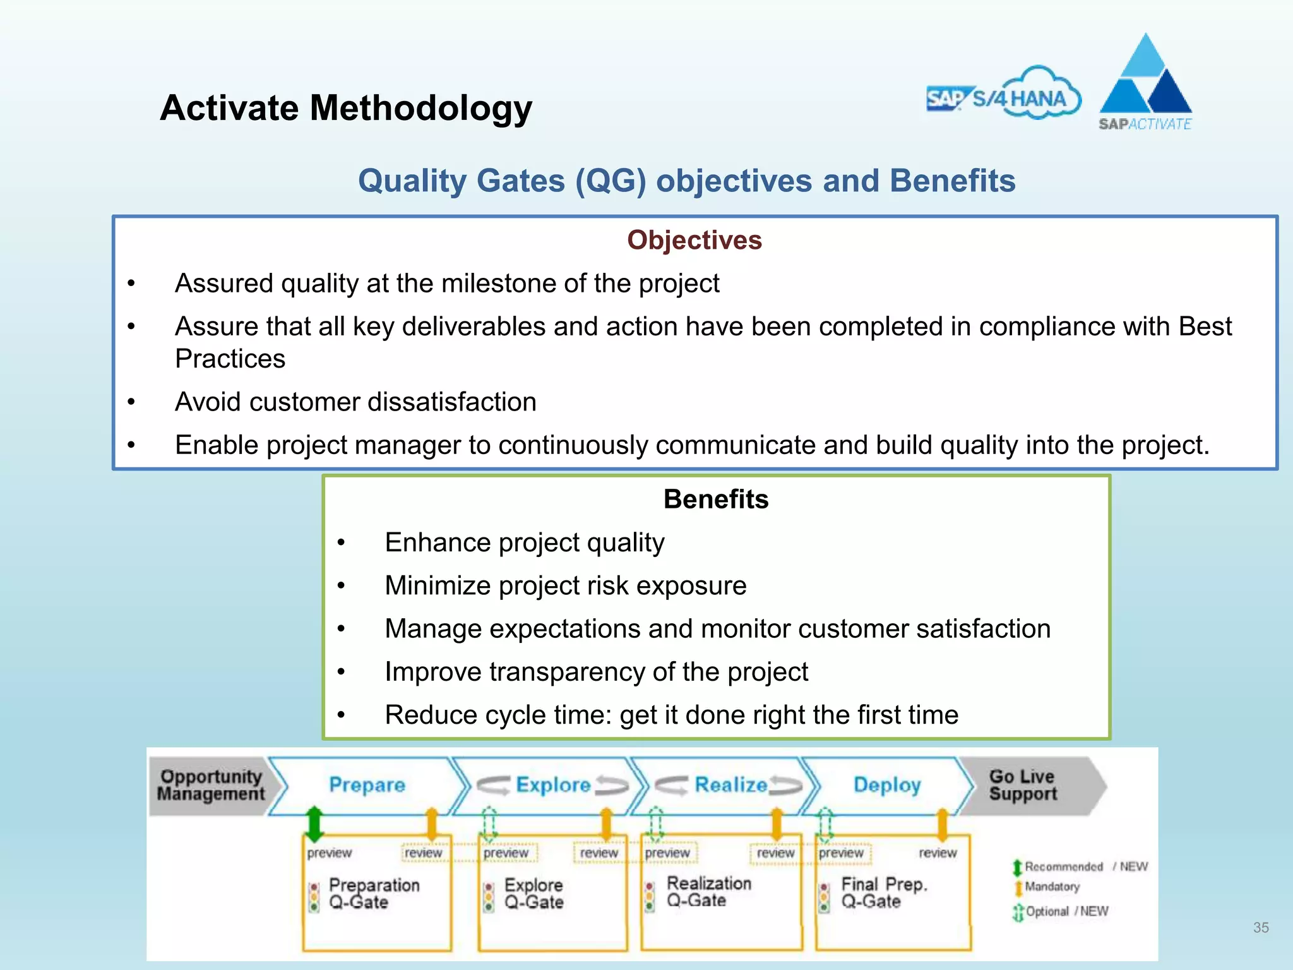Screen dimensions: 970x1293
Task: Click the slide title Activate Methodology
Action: (x=346, y=108)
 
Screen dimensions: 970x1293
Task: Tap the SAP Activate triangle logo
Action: (x=1145, y=82)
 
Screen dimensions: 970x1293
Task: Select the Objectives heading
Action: (x=694, y=241)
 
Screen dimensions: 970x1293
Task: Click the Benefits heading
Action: (x=716, y=500)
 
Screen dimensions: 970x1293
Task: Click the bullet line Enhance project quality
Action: (x=524, y=543)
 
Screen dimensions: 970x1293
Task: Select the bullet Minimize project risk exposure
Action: (x=565, y=586)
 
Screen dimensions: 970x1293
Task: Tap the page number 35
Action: (x=1261, y=928)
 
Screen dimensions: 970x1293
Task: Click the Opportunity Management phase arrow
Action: (x=212, y=785)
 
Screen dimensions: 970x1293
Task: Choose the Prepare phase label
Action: (x=367, y=785)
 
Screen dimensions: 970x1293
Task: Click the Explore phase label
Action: (x=552, y=785)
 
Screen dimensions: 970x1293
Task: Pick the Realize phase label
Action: (x=730, y=785)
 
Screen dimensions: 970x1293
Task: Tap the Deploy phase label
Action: (x=887, y=785)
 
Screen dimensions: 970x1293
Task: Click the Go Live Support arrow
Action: (x=1023, y=785)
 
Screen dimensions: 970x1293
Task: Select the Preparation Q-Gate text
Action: (x=374, y=894)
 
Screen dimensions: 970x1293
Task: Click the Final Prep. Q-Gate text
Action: (x=884, y=892)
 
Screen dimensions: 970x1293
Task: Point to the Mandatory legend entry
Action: (x=1051, y=887)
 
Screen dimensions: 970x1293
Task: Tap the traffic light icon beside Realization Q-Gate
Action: (x=650, y=897)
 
